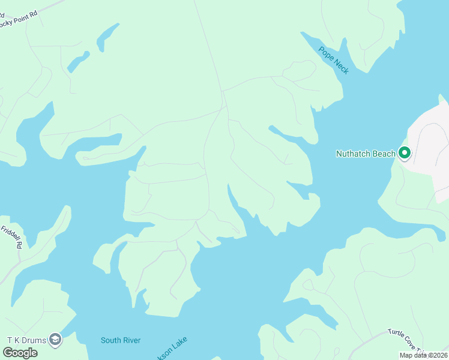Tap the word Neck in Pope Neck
(340, 67)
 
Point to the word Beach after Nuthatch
(384, 154)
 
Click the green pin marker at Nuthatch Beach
(405, 154)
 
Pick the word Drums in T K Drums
(35, 340)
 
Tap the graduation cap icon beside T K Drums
(55, 340)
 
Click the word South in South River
(111, 340)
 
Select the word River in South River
(131, 340)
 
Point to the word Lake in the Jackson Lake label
(179, 344)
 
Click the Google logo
(20, 353)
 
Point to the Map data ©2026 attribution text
(423, 355)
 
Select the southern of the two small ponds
(78, 61)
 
